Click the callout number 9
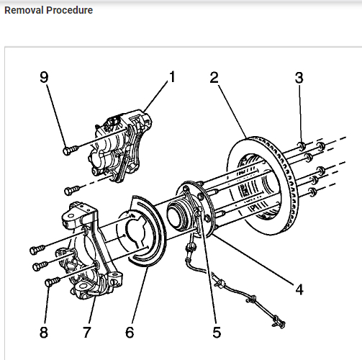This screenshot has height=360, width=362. pyautogui.click(x=44, y=77)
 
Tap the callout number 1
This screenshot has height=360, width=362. pyautogui.click(x=172, y=77)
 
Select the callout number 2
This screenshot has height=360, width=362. pyautogui.click(x=214, y=77)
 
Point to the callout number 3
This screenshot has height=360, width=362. pyautogui.click(x=299, y=78)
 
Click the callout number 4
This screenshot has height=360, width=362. pyautogui.click(x=299, y=289)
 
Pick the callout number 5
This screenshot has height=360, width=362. pyautogui.click(x=217, y=333)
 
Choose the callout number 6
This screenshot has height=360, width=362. pyautogui.click(x=130, y=333)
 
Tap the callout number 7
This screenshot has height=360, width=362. pyautogui.click(x=87, y=333)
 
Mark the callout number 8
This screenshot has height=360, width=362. pyautogui.click(x=44, y=333)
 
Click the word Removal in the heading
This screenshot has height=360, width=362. pyautogui.click(x=24, y=10)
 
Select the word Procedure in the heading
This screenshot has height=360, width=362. pyautogui.click(x=70, y=10)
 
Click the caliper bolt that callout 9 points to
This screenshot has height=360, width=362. pyautogui.click(x=71, y=150)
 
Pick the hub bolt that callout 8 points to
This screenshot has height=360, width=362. pyautogui.click(x=53, y=282)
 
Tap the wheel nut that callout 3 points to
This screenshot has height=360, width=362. pyautogui.click(x=302, y=146)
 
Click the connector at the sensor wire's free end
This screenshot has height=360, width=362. pyautogui.click(x=279, y=323)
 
